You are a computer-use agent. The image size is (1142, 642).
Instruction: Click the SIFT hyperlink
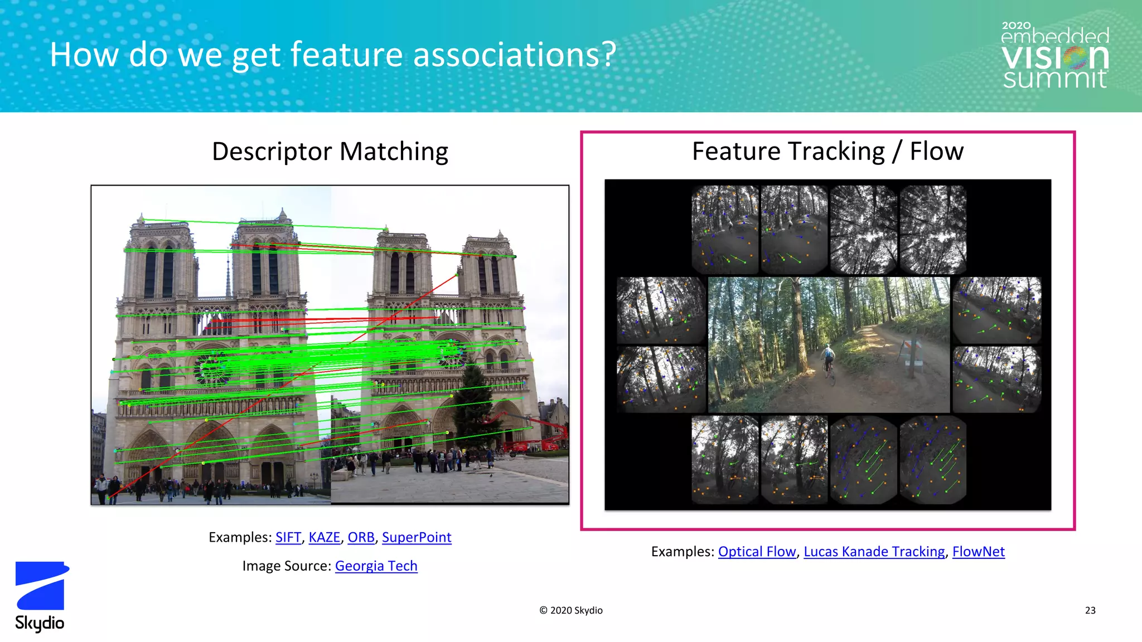[x=288, y=537]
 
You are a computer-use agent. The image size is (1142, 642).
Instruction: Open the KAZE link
[x=324, y=537]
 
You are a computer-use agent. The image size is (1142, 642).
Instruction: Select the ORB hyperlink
[x=361, y=537]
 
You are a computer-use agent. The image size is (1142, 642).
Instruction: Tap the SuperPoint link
[x=417, y=537]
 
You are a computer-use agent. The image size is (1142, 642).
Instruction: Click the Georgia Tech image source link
[x=376, y=566]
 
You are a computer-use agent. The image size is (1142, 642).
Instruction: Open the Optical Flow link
[x=757, y=552]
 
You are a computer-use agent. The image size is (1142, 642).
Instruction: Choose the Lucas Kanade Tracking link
[x=874, y=552]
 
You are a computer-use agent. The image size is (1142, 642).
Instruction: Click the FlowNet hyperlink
[x=978, y=552]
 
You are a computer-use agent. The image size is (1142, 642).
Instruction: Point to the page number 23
[x=1090, y=611]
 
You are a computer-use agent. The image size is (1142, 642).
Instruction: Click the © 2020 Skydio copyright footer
[x=570, y=611]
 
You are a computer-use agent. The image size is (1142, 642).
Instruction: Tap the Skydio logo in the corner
[x=40, y=596]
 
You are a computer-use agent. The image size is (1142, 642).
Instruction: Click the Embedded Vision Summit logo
[x=1054, y=56]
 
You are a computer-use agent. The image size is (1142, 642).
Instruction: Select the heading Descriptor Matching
[x=330, y=152]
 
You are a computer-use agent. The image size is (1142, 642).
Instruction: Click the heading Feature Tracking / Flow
[x=828, y=152]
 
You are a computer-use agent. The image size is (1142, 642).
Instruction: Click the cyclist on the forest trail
[x=828, y=362]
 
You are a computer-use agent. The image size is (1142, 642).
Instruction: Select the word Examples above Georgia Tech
[x=240, y=537]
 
